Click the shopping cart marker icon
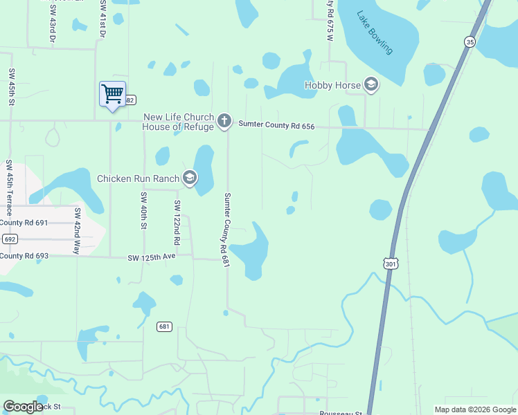[x=112, y=93]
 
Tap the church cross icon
[x=224, y=122]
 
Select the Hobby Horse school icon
[x=370, y=85]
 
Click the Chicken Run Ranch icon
[x=189, y=178]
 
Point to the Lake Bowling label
[x=375, y=32]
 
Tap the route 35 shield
[x=470, y=41]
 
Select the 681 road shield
[x=164, y=326]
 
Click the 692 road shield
[x=9, y=239]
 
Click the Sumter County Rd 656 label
[x=276, y=124]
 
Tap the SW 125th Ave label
[x=151, y=257]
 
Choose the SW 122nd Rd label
[x=177, y=223]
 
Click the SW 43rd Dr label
[x=53, y=22]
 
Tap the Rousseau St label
[x=341, y=413]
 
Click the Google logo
[x=23, y=407]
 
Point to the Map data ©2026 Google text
[x=474, y=409]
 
